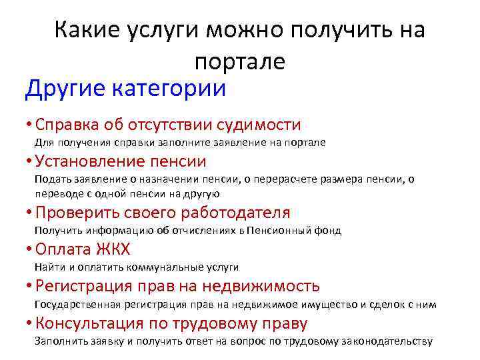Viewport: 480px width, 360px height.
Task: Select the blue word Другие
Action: (x=63, y=89)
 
